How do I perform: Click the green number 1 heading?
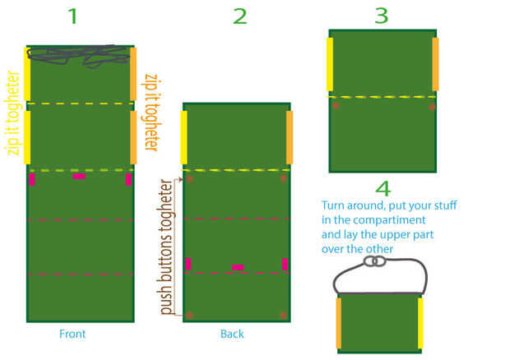click(72, 15)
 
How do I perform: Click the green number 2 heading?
click(239, 15)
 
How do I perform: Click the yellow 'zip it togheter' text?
click(12, 113)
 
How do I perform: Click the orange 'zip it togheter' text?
click(151, 112)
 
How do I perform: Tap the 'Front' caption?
click(72, 335)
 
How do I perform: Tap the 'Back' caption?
click(232, 335)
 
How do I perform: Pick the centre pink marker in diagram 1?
click(78, 176)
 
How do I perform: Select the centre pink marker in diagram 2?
click(237, 267)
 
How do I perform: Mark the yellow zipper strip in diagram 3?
click(331, 63)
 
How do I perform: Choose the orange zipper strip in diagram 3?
click(435, 63)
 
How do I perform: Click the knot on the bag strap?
click(375, 261)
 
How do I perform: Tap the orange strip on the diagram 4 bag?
click(338, 322)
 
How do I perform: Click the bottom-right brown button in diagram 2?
click(284, 315)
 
